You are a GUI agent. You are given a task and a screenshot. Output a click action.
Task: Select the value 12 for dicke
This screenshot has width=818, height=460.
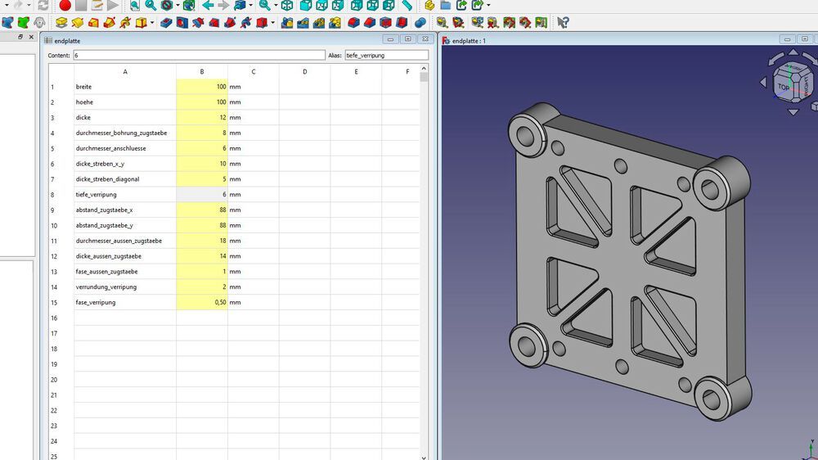pyautogui.click(x=201, y=118)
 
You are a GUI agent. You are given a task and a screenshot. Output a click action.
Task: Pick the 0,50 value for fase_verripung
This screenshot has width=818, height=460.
pyautogui.click(x=201, y=303)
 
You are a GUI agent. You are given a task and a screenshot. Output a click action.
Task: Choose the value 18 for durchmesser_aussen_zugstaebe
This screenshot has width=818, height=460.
pyautogui.click(x=201, y=241)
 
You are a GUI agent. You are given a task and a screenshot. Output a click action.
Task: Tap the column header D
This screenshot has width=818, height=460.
pyautogui.click(x=304, y=72)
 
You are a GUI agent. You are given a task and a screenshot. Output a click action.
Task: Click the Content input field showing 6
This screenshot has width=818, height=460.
pyautogui.click(x=199, y=56)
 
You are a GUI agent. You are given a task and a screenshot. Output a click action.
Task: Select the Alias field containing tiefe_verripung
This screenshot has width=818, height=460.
pyautogui.click(x=385, y=56)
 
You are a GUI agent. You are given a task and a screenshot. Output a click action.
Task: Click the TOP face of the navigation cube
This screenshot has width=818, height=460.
pyautogui.click(x=784, y=87)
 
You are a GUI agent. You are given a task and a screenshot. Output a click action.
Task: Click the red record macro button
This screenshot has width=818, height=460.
pyautogui.click(x=65, y=6)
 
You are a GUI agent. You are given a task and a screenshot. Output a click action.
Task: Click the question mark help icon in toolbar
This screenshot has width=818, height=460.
pyautogui.click(x=563, y=22)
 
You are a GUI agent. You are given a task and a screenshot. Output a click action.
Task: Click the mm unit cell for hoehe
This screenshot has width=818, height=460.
pyautogui.click(x=235, y=102)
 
